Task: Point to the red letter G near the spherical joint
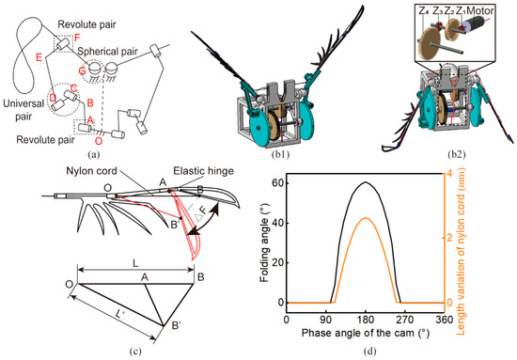pos(83,70)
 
